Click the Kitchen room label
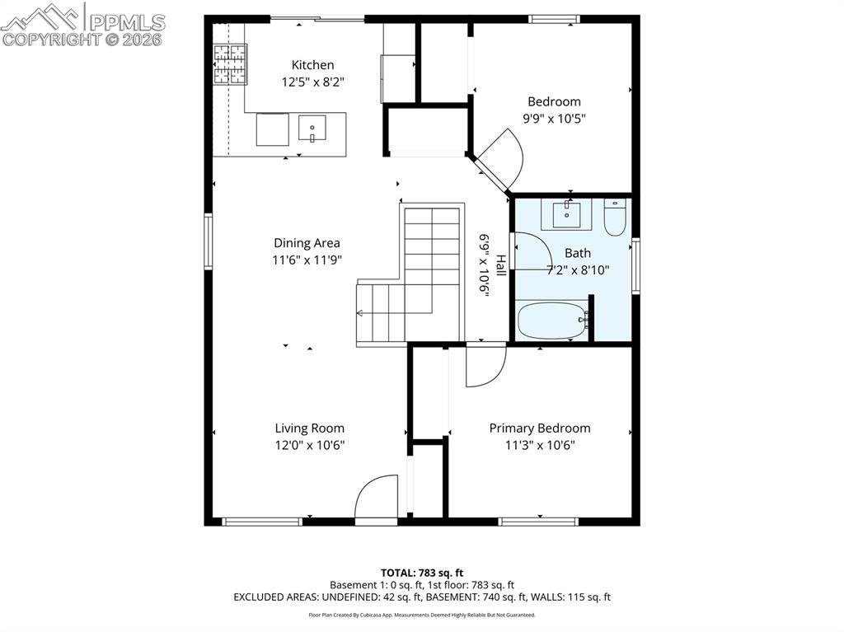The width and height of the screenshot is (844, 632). pyautogui.click(x=312, y=65)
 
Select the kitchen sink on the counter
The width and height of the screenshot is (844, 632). pyautogui.click(x=312, y=129)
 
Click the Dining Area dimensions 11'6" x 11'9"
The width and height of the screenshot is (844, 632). pyautogui.click(x=307, y=260)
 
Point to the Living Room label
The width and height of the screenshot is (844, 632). pyautogui.click(x=309, y=428)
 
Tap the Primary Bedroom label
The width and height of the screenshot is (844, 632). pyautogui.click(x=539, y=428)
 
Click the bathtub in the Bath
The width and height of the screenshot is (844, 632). pyautogui.click(x=551, y=321)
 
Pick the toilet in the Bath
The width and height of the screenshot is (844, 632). pyautogui.click(x=615, y=218)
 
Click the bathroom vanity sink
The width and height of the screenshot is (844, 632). pyautogui.click(x=567, y=214)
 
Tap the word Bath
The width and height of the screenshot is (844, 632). pyautogui.click(x=577, y=253)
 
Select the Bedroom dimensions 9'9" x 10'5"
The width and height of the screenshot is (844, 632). pyautogui.click(x=554, y=118)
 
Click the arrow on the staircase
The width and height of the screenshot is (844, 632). pyautogui.click(x=361, y=312)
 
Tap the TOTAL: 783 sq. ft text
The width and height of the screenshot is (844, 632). pyautogui.click(x=421, y=573)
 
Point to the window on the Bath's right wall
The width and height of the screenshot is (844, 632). pyautogui.click(x=635, y=265)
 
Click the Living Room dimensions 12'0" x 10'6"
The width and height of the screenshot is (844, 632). pyautogui.click(x=309, y=445)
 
